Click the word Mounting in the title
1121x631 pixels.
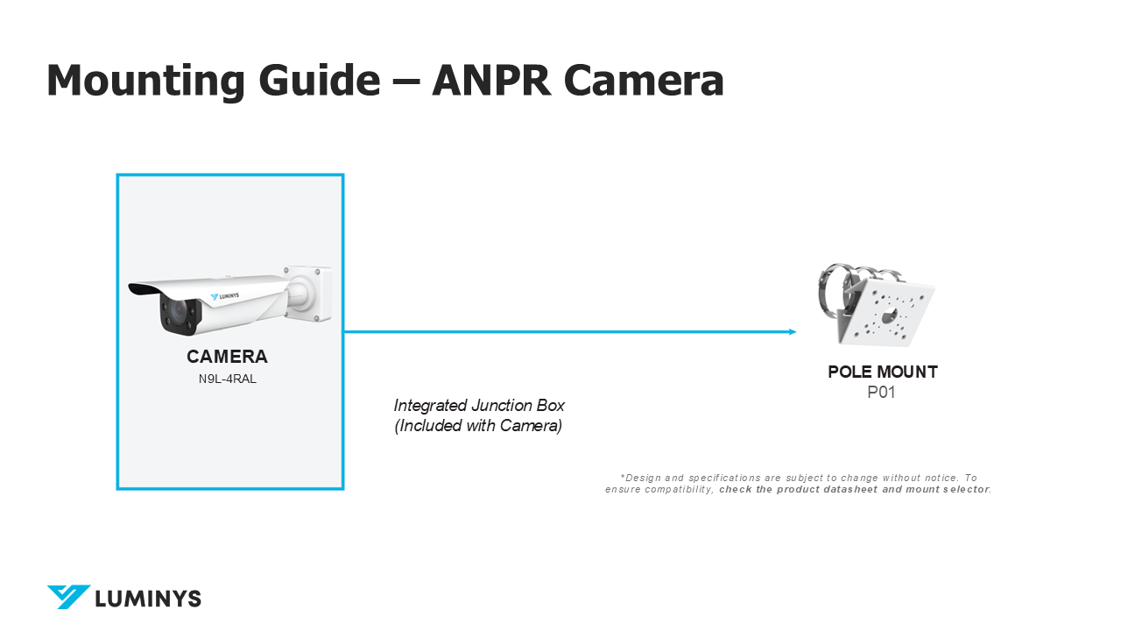click(145, 80)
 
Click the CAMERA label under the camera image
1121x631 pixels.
click(227, 357)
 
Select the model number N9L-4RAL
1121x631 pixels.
click(227, 379)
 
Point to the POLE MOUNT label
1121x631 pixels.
click(882, 372)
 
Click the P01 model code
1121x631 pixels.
click(881, 393)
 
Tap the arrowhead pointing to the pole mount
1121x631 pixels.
click(792, 331)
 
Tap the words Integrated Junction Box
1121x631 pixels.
click(479, 406)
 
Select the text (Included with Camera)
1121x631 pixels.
click(477, 427)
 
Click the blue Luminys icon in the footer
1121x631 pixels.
click(68, 597)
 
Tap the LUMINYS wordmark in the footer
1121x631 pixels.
click(148, 599)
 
